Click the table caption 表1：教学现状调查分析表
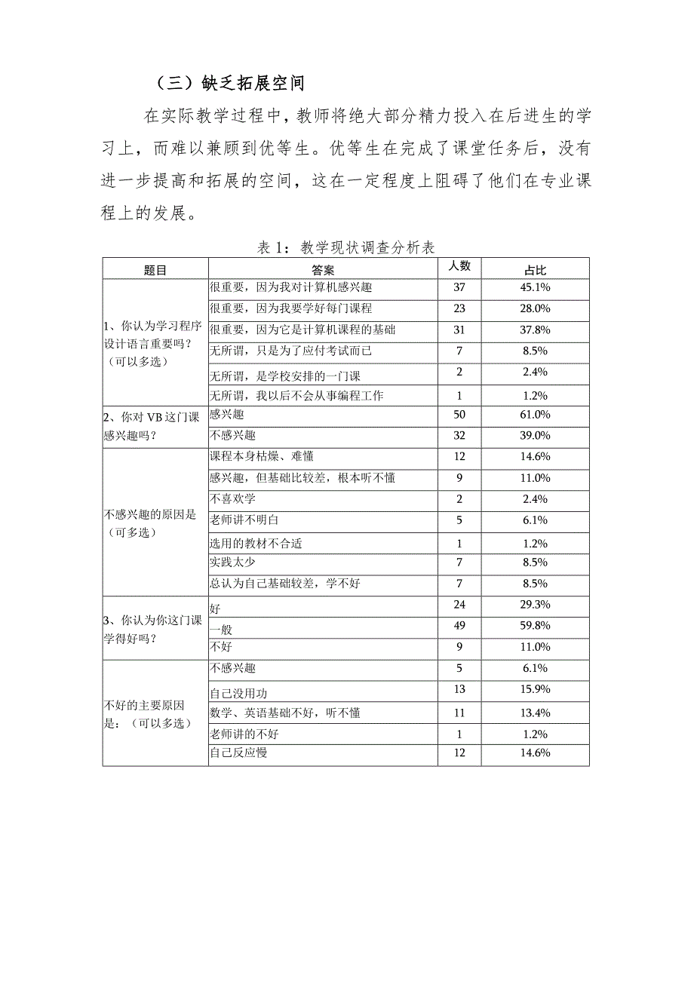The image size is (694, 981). tap(346, 247)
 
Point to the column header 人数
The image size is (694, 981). tap(459, 266)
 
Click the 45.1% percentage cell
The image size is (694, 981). tap(535, 287)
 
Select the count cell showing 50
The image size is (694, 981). tap(459, 414)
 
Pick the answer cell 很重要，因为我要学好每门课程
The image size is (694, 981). tap(290, 308)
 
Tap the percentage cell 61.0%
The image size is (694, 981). tap(535, 414)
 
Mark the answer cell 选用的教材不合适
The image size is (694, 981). tap(256, 544)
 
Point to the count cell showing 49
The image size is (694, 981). tap(459, 625)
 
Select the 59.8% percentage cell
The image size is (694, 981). tap(535, 625)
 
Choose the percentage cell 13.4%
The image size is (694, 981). tap(535, 713)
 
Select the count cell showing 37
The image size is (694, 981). tap(459, 287)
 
